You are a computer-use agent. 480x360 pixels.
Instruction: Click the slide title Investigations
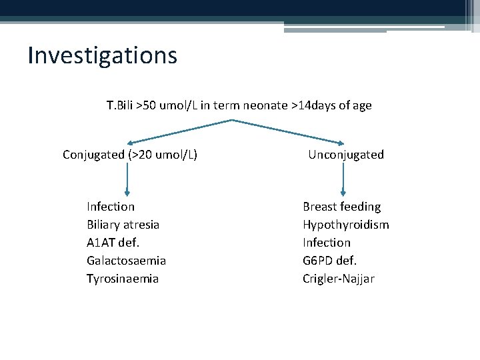pyautogui.click(x=102, y=55)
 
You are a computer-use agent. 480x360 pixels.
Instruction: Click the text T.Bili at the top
pyautogui.click(x=120, y=105)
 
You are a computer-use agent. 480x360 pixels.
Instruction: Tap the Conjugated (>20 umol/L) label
pyautogui.click(x=129, y=155)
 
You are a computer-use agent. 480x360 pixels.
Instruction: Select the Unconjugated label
pyautogui.click(x=345, y=155)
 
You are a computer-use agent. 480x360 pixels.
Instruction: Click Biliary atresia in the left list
pyautogui.click(x=123, y=225)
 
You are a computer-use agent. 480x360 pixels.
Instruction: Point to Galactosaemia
pyautogui.click(x=126, y=261)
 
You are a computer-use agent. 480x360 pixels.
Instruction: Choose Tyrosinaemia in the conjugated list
pyautogui.click(x=123, y=279)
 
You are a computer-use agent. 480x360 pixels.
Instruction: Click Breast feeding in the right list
pyautogui.click(x=341, y=207)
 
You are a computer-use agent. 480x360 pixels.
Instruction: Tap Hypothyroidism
pyautogui.click(x=345, y=225)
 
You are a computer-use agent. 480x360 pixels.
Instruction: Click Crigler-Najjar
pyautogui.click(x=338, y=279)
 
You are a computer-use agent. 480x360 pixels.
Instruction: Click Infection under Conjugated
pyautogui.click(x=111, y=207)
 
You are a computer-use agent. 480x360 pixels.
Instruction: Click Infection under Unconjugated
pyautogui.click(x=327, y=243)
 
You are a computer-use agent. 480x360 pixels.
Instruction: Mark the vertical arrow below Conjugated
pyautogui.click(x=127, y=180)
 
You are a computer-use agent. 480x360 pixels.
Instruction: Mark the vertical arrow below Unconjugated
pyautogui.click(x=343, y=180)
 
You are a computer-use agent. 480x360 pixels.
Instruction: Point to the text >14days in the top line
pyautogui.click(x=314, y=105)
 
